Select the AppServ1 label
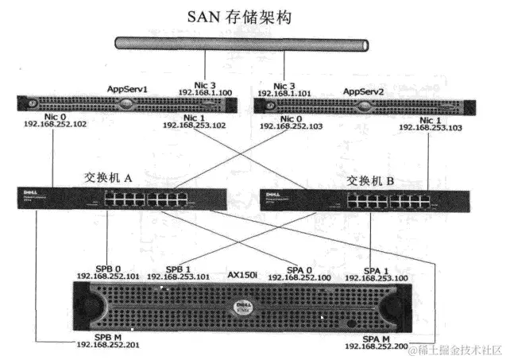[x=130, y=91]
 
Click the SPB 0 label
[x=107, y=267]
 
